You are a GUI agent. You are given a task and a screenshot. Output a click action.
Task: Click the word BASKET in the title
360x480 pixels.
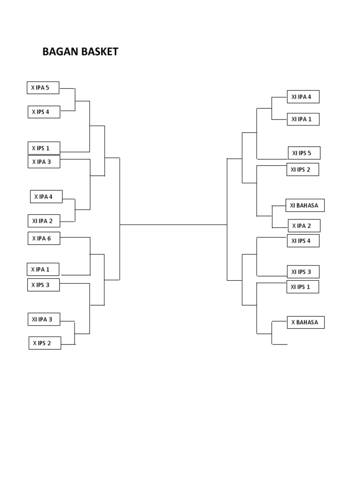(x=99, y=52)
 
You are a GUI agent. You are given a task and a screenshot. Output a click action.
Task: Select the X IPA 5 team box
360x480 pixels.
(x=43, y=88)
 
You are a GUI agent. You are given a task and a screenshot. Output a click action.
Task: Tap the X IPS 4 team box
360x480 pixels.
(x=44, y=112)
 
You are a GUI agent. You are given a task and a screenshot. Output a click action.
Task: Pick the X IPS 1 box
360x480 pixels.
(x=44, y=148)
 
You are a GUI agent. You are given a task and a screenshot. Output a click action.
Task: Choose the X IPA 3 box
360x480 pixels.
(x=44, y=162)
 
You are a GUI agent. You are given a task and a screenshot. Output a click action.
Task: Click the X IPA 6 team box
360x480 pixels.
(x=44, y=239)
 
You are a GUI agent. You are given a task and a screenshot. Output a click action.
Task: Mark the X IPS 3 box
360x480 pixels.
(x=44, y=285)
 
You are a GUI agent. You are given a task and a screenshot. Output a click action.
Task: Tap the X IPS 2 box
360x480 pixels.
(x=45, y=343)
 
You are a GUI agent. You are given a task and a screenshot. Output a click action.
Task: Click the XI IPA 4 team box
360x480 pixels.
(x=303, y=97)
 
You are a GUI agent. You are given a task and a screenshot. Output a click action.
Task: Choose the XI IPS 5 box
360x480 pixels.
(x=304, y=153)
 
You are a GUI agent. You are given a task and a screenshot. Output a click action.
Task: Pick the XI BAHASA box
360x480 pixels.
(x=305, y=205)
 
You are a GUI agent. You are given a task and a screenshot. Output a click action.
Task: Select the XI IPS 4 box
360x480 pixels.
(x=303, y=241)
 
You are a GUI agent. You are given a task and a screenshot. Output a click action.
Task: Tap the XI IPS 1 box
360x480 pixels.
(x=303, y=287)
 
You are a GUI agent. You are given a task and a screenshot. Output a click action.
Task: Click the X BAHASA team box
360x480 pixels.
(x=306, y=322)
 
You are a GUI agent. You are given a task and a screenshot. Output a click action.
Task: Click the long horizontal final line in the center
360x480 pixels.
(x=173, y=225)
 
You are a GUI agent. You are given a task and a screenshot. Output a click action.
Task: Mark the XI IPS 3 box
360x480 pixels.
(x=303, y=272)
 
